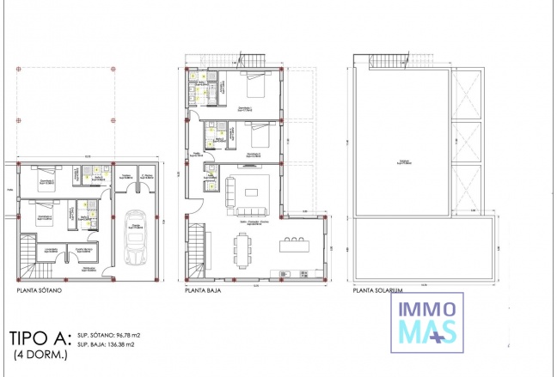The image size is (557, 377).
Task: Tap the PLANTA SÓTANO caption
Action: point(44,291)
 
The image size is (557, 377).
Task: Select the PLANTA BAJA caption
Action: point(205,291)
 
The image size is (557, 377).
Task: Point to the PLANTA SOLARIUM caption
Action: point(378,291)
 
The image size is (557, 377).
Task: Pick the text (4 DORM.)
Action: point(39,354)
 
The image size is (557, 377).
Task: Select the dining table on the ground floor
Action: point(239,250)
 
